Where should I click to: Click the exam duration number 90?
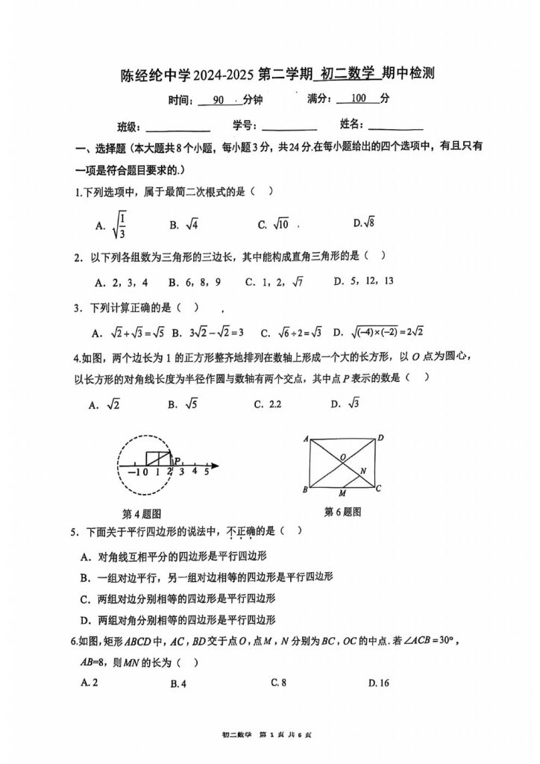tap(218, 99)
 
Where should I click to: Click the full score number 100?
tap(359, 98)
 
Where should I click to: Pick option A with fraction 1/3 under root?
tap(115, 224)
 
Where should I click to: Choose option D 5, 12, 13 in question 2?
tap(363, 281)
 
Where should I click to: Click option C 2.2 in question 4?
tap(267, 404)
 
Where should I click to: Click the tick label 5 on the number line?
tap(207, 472)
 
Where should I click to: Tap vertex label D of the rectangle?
tap(380, 438)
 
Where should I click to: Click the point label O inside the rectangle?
tap(342, 456)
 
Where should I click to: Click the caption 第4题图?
tap(142, 513)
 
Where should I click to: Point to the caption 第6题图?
tap(342, 512)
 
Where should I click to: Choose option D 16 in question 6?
tap(380, 682)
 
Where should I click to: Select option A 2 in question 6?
tap(94, 682)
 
